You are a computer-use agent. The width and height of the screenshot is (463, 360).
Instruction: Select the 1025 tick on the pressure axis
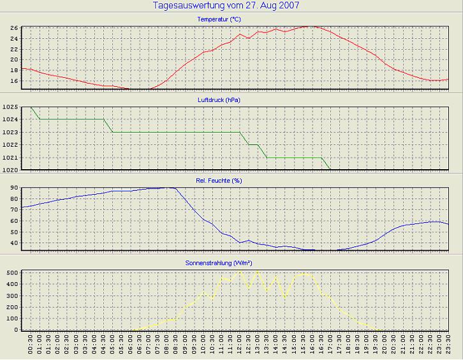click(10, 107)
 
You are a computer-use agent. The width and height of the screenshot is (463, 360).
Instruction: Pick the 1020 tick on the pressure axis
click(10, 170)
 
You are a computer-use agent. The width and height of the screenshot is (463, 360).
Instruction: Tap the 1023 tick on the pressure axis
click(10, 132)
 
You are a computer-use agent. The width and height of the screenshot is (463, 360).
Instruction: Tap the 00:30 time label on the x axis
click(31, 347)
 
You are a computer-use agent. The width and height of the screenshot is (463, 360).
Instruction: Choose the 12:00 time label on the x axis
click(240, 347)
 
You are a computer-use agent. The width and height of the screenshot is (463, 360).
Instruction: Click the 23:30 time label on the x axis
click(449, 347)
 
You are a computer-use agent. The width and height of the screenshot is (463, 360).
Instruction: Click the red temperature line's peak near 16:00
click(311, 26)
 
